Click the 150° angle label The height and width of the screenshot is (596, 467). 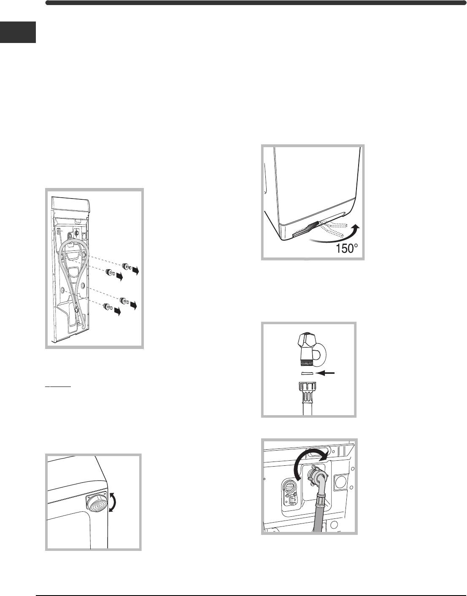coord(347,249)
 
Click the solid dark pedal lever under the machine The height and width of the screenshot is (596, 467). coord(305,230)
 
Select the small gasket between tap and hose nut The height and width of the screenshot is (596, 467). coord(307,373)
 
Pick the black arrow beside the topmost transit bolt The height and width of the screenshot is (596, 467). coord(135,271)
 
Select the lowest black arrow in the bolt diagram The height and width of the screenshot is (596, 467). coord(117,311)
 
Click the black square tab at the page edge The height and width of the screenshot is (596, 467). coord(18,32)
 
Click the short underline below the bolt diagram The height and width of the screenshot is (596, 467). coord(58,387)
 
